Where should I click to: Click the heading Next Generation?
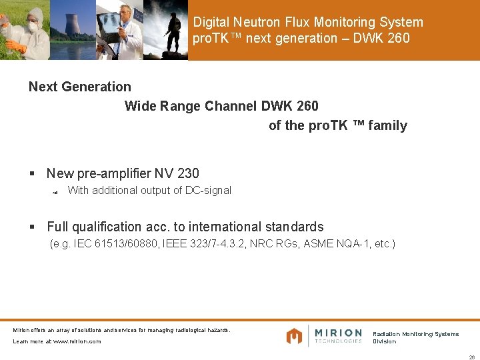[80, 87]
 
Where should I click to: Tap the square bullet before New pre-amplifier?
[32, 174]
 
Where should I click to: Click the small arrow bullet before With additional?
[55, 192]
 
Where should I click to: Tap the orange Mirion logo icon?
[294, 336]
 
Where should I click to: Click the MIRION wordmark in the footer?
[338, 333]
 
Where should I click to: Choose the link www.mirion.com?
[77, 341]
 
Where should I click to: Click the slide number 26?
[471, 356]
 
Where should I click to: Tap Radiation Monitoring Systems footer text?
[415, 334]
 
